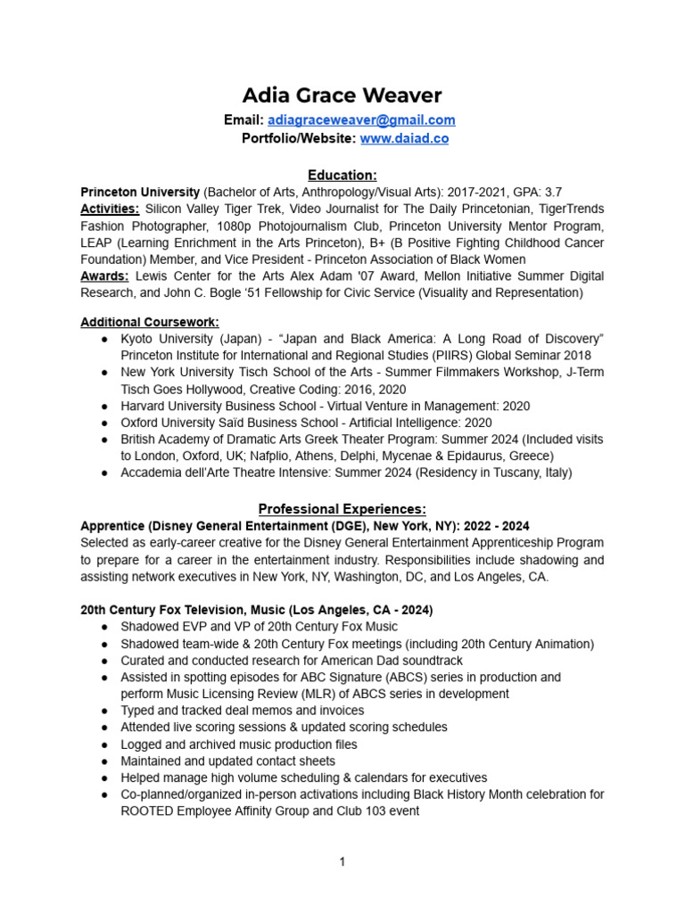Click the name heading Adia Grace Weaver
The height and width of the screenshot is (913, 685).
pos(342,95)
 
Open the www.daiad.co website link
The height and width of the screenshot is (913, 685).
pos(404,138)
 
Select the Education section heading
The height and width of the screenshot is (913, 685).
pos(342,175)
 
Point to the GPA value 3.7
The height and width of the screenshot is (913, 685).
pos(553,193)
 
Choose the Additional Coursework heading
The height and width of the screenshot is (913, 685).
pos(149,321)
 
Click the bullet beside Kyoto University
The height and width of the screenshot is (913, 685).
pos(105,339)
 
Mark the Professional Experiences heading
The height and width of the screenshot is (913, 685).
pos(342,509)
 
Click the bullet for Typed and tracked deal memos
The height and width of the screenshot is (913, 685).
pos(105,711)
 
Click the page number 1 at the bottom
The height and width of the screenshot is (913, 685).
pos(342,862)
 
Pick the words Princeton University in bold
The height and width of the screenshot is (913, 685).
pos(140,193)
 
